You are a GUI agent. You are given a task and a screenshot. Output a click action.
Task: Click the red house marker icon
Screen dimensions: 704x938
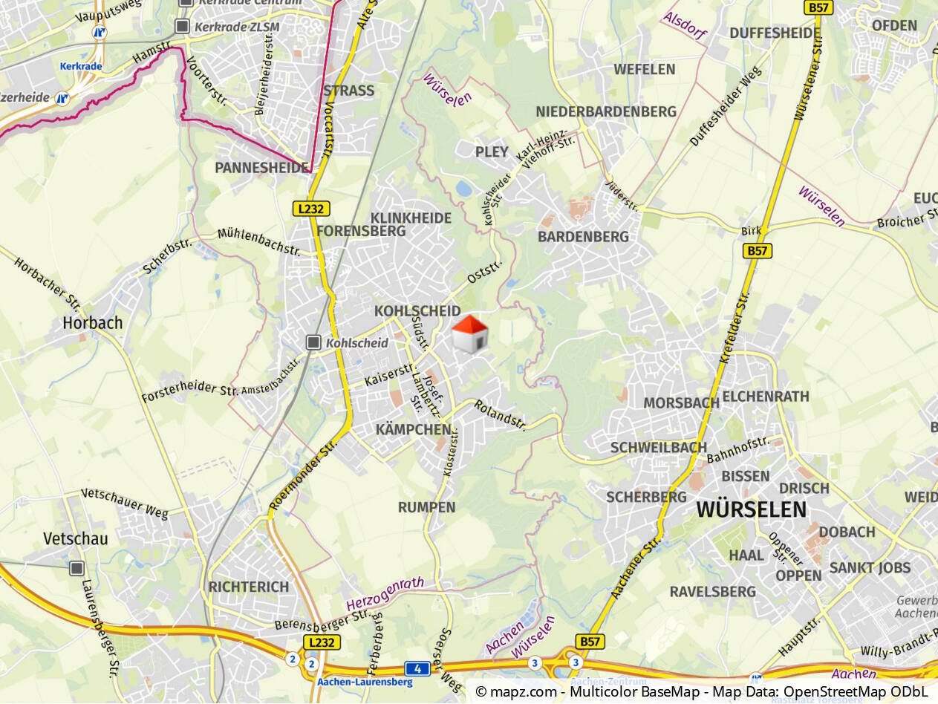tap(469, 334)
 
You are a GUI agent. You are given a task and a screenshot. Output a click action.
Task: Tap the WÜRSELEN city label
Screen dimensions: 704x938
tap(751, 509)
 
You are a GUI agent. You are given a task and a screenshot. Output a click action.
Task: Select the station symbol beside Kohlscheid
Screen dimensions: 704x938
tap(313, 342)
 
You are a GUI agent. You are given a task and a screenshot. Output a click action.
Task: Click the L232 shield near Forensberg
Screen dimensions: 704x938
tap(310, 209)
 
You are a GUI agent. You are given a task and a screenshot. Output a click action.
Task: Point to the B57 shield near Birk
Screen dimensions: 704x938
tap(758, 251)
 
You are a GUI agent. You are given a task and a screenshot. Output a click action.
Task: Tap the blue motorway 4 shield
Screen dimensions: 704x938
tap(418, 668)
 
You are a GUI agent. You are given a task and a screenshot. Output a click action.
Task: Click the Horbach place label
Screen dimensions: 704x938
tap(92, 323)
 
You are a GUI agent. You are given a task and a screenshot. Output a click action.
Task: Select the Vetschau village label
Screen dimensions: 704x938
tap(75, 538)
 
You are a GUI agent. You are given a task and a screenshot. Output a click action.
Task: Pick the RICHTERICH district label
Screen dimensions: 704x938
tap(248, 587)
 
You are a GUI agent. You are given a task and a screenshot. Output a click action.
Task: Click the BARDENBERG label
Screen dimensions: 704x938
tap(583, 237)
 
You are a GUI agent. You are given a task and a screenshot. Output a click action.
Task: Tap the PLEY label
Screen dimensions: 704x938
tap(492, 152)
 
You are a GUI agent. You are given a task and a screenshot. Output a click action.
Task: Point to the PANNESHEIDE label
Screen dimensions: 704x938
tap(261, 168)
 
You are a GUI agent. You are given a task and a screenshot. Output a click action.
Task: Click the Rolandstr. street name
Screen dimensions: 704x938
tap(501, 415)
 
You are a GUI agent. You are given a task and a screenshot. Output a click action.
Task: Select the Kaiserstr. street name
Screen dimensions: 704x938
tap(389, 374)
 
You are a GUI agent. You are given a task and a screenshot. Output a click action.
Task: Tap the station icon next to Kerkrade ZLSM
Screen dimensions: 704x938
tap(182, 27)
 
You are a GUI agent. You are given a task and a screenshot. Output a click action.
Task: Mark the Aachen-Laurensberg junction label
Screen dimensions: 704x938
tap(365, 682)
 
